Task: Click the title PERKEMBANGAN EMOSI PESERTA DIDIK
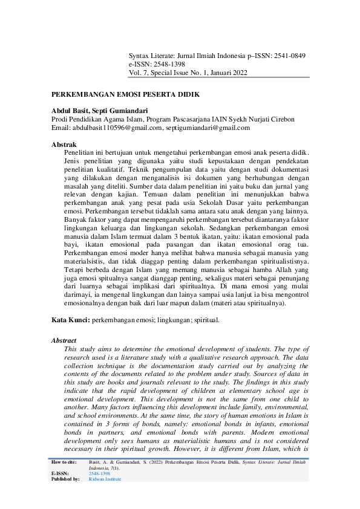[125, 95]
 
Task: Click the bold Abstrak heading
[64, 145]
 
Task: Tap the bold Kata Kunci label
[70, 319]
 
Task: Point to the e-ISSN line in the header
[157, 64]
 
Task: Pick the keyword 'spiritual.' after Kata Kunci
[206, 319]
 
